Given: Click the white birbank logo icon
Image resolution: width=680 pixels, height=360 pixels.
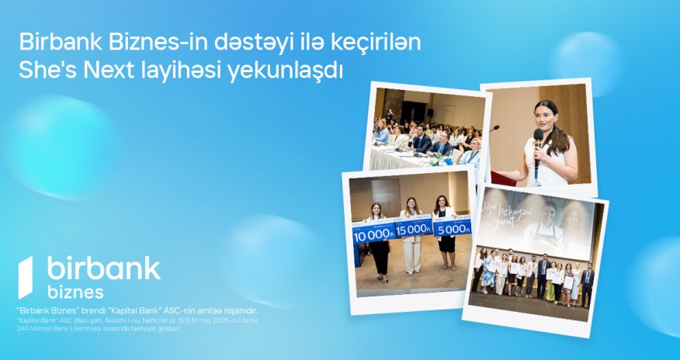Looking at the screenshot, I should point(26,277).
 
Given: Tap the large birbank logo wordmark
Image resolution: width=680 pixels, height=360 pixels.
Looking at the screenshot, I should point(103,268).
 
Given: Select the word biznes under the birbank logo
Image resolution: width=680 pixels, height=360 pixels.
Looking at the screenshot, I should point(75,292).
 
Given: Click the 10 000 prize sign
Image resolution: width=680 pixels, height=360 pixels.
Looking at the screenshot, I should point(373,231).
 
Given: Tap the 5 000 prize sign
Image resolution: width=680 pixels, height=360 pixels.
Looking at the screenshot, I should point(451,228).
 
